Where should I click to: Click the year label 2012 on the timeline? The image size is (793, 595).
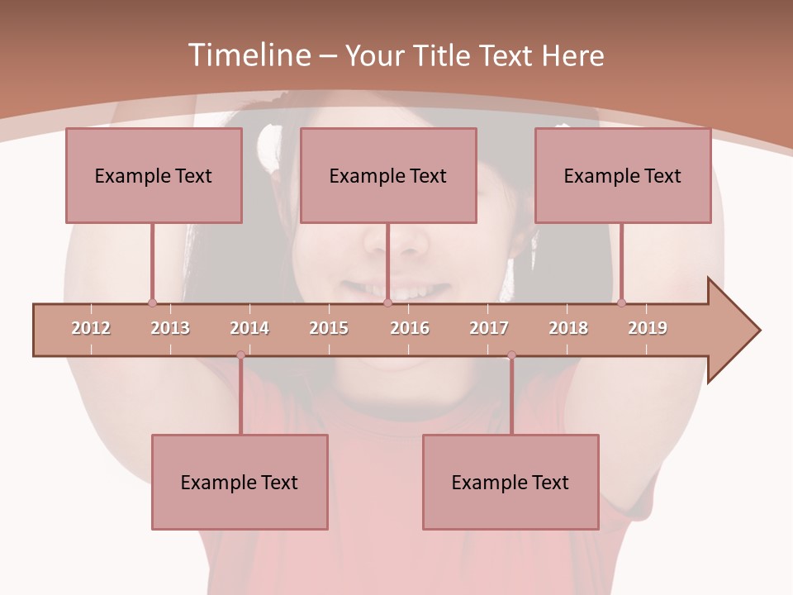(91, 328)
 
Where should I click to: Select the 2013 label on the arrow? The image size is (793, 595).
(170, 328)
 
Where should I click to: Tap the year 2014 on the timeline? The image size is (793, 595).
(249, 328)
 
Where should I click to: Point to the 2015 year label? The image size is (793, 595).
(329, 328)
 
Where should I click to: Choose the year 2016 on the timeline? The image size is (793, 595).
(410, 328)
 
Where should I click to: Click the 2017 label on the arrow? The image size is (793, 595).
(489, 328)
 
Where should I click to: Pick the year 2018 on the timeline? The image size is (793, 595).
(568, 328)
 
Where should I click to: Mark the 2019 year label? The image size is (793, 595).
(648, 328)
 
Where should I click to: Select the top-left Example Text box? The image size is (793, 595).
(154, 175)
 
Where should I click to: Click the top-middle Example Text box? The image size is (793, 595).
(388, 175)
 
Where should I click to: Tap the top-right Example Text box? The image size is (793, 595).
(623, 175)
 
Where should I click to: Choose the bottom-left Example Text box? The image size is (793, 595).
(240, 482)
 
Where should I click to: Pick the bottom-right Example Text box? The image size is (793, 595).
(510, 482)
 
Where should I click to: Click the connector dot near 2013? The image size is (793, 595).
(152, 303)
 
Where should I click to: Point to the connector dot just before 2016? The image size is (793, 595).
(387, 303)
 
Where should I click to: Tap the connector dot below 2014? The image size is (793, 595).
(240, 355)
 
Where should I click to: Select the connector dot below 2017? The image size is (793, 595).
(511, 355)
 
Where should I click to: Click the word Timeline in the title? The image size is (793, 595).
(249, 55)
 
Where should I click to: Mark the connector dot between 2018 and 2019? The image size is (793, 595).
(621, 303)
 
